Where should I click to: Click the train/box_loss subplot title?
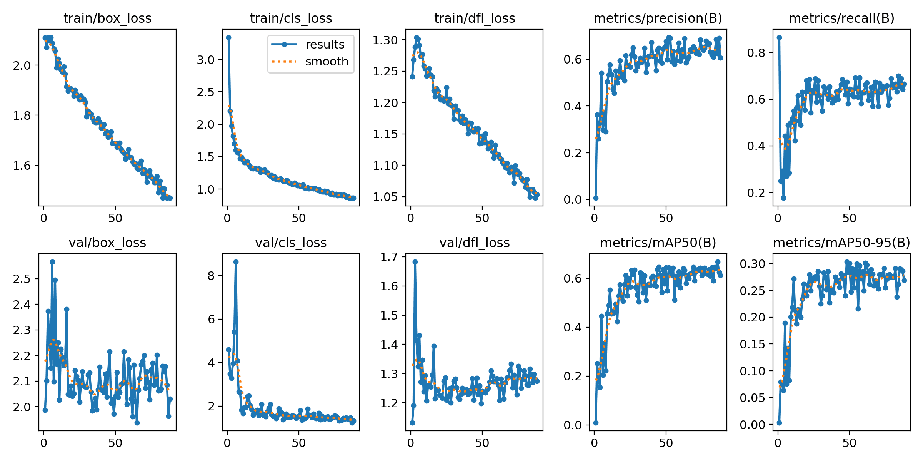(x=107, y=18)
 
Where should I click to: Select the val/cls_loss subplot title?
(x=291, y=243)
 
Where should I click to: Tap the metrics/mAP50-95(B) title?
(x=841, y=243)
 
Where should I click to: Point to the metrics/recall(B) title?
(x=841, y=18)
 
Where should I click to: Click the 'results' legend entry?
(x=325, y=45)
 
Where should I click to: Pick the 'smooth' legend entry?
(x=327, y=62)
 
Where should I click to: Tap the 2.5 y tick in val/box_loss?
(x=22, y=279)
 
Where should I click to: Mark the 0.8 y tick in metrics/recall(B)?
(x=756, y=53)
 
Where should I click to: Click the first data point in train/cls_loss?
(x=228, y=37)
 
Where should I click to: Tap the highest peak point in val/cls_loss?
(x=236, y=262)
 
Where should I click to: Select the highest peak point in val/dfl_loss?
(x=415, y=262)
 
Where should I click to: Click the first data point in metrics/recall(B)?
(x=779, y=37)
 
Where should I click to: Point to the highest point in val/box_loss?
(x=52, y=262)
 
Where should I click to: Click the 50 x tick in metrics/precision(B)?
(x=666, y=218)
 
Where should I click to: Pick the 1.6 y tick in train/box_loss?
(x=22, y=166)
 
